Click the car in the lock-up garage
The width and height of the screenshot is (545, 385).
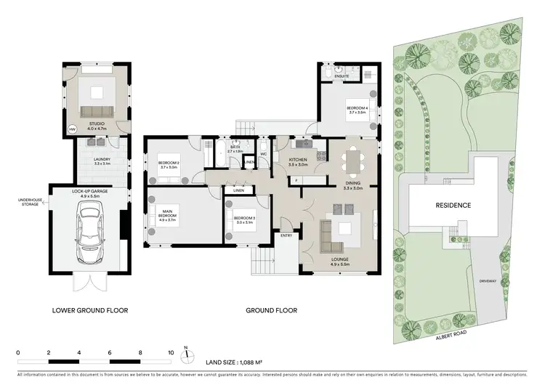pyautogui.click(x=89, y=227)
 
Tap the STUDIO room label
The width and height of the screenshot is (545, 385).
pyautogui.click(x=96, y=124)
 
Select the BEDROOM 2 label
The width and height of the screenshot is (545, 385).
pyautogui.click(x=169, y=163)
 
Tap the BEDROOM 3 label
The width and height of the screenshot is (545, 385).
pyautogui.click(x=243, y=219)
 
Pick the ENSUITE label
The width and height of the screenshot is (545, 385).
pyautogui.click(x=342, y=76)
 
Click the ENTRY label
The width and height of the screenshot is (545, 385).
pyautogui.click(x=286, y=235)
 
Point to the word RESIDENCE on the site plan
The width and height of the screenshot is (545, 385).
pyautogui.click(x=453, y=206)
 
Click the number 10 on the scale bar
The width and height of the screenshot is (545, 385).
pyautogui.click(x=171, y=352)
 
